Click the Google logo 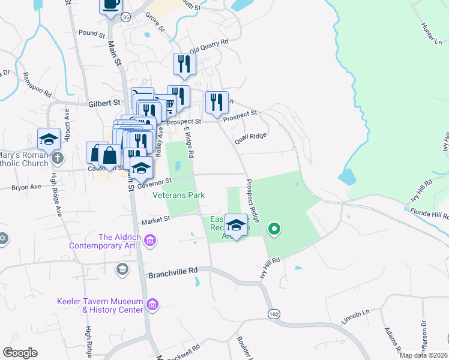(20, 353)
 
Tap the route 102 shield (274, 314)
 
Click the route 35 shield (125, 17)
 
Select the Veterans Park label (179, 195)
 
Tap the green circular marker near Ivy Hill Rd (274, 229)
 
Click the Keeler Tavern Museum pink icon (152, 305)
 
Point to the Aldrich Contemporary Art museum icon (150, 241)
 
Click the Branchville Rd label (173, 271)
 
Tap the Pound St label (91, 32)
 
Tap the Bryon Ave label (26, 187)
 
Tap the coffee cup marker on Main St (110, 5)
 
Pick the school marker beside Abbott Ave (49, 139)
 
